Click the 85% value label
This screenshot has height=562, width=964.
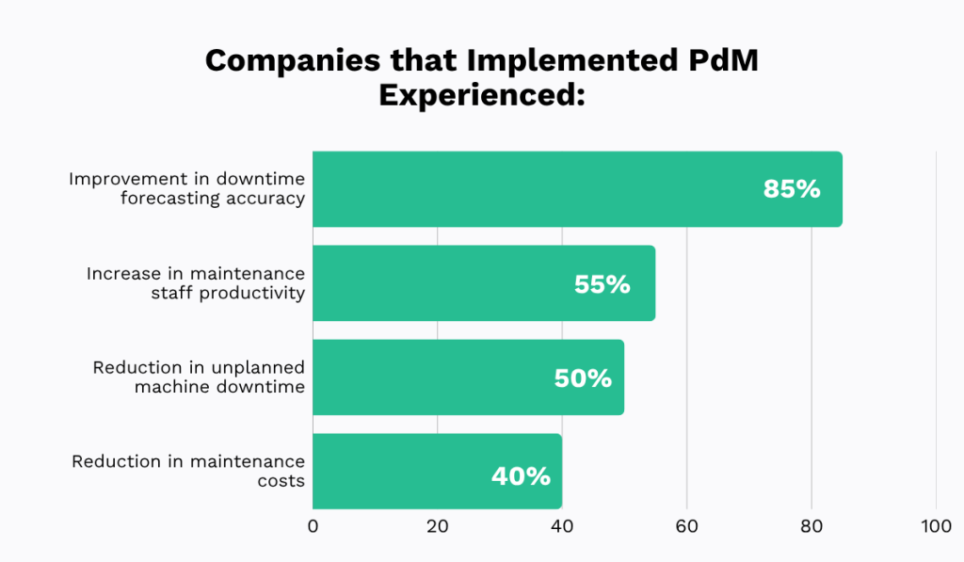(x=792, y=189)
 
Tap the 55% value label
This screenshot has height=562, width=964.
(x=602, y=284)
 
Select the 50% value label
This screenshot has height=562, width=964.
(x=583, y=378)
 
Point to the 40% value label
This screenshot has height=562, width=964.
(x=521, y=476)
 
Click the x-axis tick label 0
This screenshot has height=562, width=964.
(x=313, y=527)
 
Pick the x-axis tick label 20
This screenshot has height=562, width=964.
(x=438, y=527)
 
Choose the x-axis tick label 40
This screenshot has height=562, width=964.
(x=562, y=527)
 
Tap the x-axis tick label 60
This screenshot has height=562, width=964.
(x=686, y=527)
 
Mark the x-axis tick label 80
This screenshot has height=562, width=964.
(x=811, y=527)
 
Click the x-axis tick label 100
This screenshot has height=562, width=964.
(x=936, y=527)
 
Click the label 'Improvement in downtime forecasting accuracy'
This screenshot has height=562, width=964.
(x=186, y=188)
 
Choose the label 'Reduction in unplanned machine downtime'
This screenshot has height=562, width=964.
(x=199, y=377)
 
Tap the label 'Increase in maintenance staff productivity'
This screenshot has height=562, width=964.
(x=196, y=282)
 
